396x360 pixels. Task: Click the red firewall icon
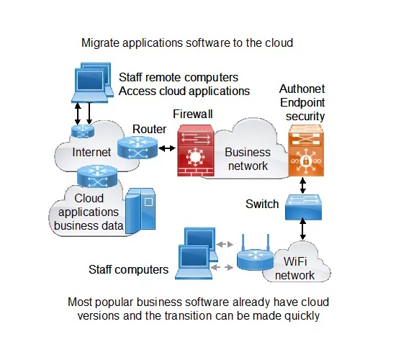196,150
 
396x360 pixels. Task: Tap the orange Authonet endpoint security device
306,150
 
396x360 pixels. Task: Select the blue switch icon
303,207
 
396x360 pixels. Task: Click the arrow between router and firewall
167,148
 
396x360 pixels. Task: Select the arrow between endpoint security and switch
303,186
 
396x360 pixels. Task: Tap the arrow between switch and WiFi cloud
303,229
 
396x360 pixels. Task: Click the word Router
149,129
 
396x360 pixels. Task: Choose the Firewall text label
193,114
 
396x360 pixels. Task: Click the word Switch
262,204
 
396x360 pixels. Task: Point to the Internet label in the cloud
91,152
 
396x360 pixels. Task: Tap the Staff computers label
128,269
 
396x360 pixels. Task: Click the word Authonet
302,89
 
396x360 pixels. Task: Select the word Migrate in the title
100,42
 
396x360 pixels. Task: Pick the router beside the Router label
138,148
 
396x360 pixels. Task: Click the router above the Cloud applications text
97,176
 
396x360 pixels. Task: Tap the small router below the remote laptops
83,131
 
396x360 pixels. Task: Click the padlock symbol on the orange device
306,161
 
